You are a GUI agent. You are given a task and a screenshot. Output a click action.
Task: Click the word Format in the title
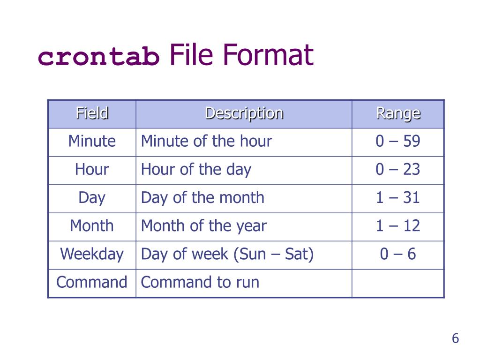pyautogui.click(x=268, y=55)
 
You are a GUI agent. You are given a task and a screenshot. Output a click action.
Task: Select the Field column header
pyautogui.click(x=92, y=113)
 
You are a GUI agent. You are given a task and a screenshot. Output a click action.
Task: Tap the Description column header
pyautogui.click(x=244, y=113)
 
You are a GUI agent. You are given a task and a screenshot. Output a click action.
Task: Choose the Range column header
pyautogui.click(x=398, y=113)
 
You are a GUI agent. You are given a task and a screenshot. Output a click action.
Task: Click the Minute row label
pyautogui.click(x=92, y=141)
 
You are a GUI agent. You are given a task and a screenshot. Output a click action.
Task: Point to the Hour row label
pyautogui.click(x=92, y=169)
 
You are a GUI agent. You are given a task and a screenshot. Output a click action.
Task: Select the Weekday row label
pyautogui.click(x=92, y=254)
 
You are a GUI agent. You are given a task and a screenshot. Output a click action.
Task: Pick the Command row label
pyautogui.click(x=92, y=282)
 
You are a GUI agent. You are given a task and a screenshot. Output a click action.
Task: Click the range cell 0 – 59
pyautogui.click(x=397, y=141)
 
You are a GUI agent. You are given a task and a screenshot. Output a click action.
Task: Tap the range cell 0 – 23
pyautogui.click(x=397, y=169)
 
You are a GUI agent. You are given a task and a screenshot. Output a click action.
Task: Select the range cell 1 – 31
pyautogui.click(x=397, y=197)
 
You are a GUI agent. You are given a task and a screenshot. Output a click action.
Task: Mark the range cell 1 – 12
pyautogui.click(x=397, y=226)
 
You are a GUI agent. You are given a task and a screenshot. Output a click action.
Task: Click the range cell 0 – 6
pyautogui.click(x=397, y=254)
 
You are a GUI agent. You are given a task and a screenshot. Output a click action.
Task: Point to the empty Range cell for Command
pyautogui.click(x=397, y=283)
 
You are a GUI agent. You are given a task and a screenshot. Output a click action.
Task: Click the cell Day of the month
pyautogui.click(x=202, y=197)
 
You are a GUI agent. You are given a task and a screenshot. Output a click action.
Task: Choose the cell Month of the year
pyautogui.click(x=203, y=226)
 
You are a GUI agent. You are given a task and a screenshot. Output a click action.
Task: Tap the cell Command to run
pyautogui.click(x=200, y=282)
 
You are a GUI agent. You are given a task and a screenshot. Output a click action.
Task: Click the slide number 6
pyautogui.click(x=455, y=338)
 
